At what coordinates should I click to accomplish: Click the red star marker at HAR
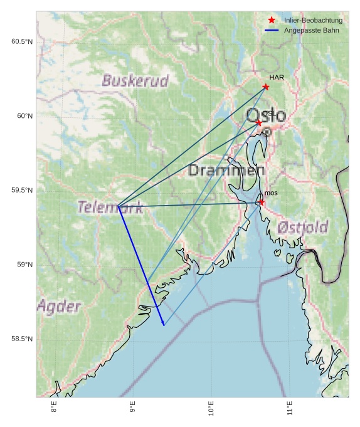[x=266, y=87]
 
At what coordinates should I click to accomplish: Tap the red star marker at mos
[x=262, y=202]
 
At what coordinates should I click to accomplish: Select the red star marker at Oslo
[x=259, y=122]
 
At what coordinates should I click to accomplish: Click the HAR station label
[x=277, y=77]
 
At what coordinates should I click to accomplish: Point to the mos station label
[x=271, y=193]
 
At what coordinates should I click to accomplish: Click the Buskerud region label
[x=135, y=81]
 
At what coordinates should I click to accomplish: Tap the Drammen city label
[x=226, y=171]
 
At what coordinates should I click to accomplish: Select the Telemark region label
[x=110, y=208]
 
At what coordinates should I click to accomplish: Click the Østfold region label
[x=303, y=227]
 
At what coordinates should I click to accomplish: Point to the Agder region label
[x=59, y=307]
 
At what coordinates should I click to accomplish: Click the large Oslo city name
[x=266, y=115]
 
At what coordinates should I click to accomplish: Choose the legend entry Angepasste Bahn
[x=312, y=29]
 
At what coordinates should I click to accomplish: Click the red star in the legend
[x=272, y=20]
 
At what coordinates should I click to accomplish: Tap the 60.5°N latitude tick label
[x=21, y=41]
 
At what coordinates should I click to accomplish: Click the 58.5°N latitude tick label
[x=21, y=339]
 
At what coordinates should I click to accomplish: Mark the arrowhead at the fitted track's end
[x=163, y=324]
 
